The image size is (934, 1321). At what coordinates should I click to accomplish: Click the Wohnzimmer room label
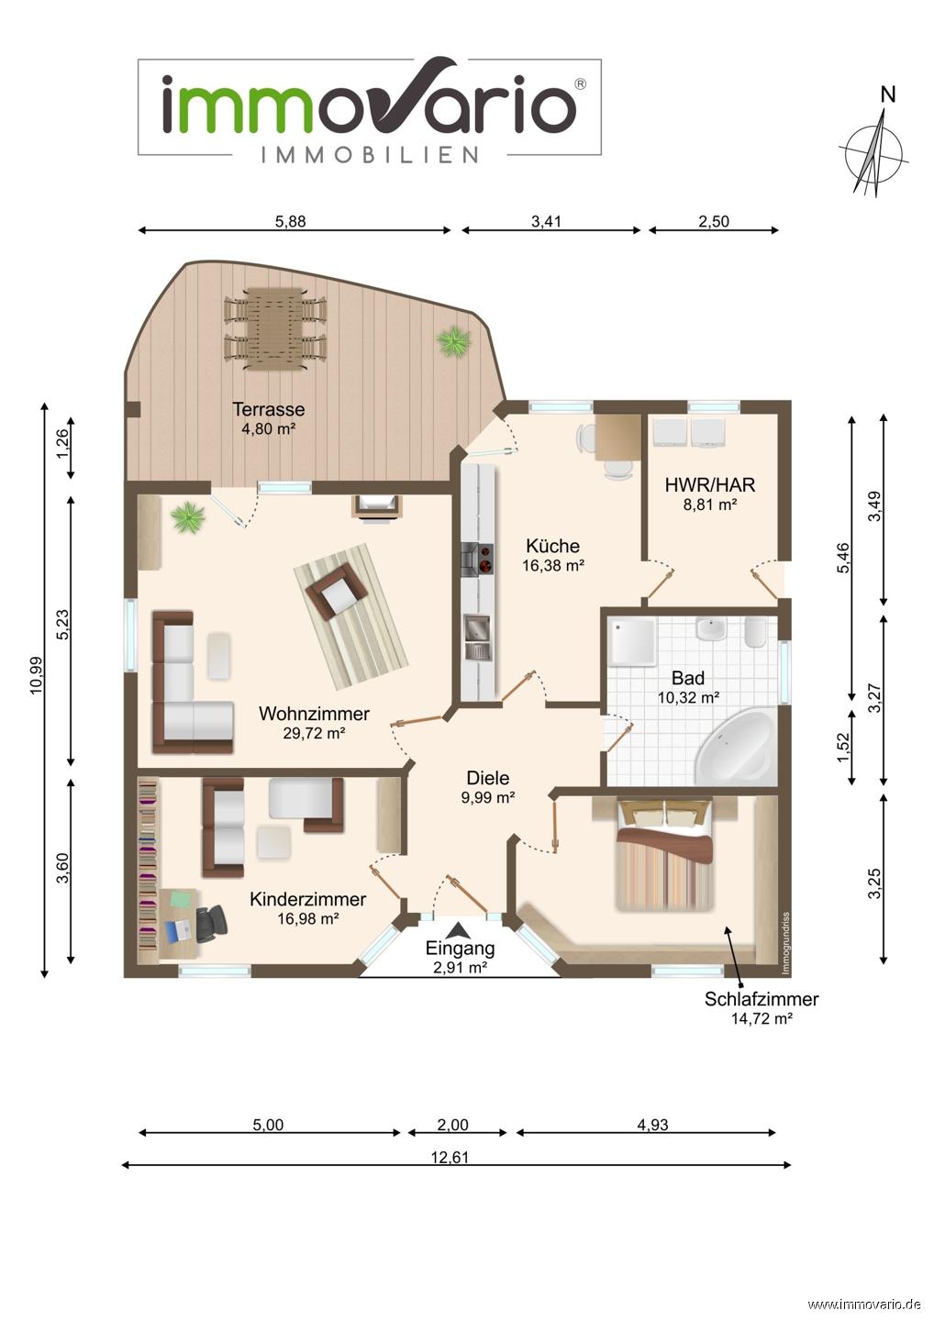pos(314,714)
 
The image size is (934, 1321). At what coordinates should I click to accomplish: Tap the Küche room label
pos(552,546)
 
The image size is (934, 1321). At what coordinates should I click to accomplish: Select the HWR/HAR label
pos(710,484)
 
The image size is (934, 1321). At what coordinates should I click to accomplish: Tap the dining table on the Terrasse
pos(274,327)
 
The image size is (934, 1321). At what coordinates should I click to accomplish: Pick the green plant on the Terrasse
pos(453,341)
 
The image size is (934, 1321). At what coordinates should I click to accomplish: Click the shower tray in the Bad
pos(634,641)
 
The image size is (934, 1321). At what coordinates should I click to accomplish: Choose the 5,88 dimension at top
pos(291,221)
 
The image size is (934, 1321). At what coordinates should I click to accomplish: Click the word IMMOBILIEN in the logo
pos(369,155)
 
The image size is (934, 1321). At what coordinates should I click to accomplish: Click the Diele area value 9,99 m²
pos(487,797)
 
